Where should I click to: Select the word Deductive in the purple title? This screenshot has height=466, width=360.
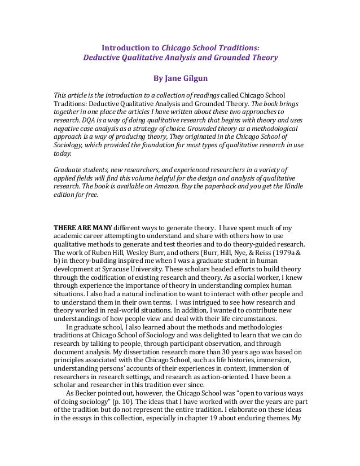tap(105, 58)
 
